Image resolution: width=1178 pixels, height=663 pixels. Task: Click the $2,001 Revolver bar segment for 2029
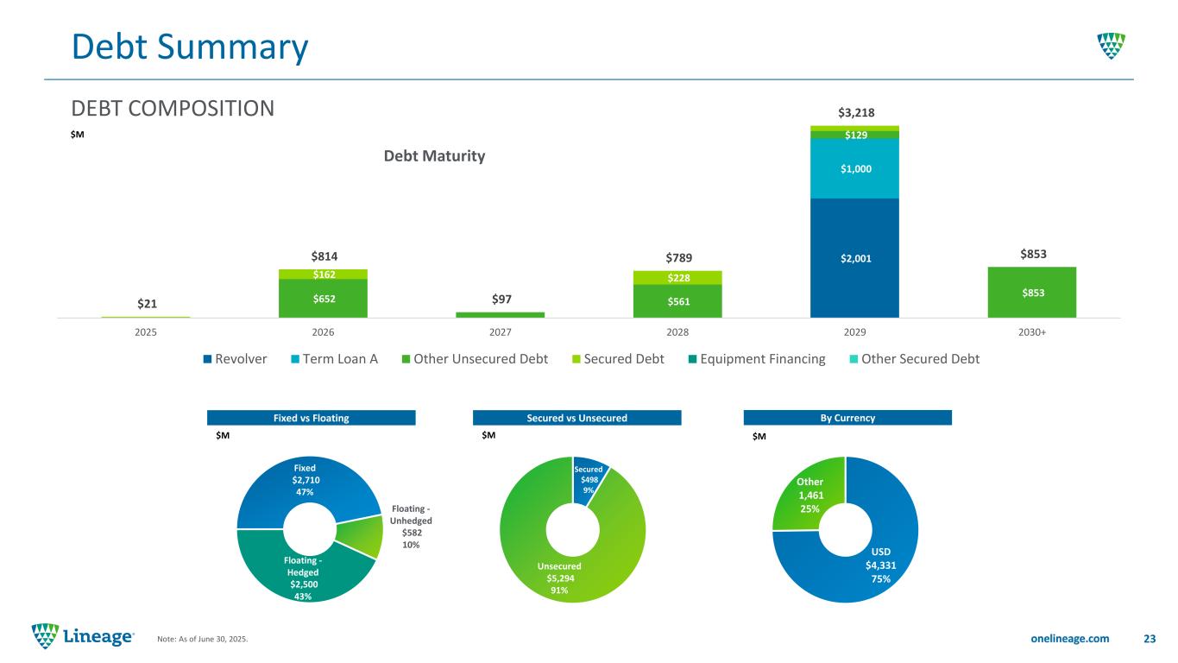(x=854, y=257)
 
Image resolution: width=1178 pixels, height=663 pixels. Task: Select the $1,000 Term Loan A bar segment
(x=854, y=168)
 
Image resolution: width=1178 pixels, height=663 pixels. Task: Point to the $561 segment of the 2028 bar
(x=677, y=301)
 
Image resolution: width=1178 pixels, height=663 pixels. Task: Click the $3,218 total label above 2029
(x=854, y=112)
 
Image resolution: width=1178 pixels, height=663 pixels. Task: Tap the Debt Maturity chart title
(x=434, y=156)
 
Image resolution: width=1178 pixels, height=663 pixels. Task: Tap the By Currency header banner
(x=847, y=418)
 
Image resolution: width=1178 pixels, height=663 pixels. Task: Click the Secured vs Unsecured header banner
(x=577, y=418)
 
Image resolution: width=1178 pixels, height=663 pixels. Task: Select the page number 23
(x=1149, y=638)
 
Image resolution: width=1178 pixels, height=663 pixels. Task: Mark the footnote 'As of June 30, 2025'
(x=202, y=639)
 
